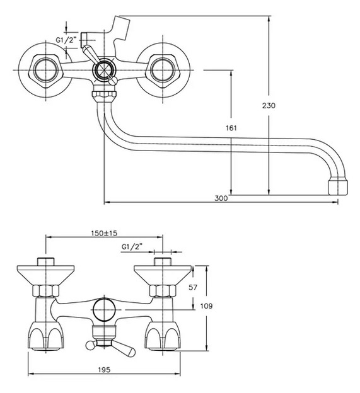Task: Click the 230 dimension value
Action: [269, 106]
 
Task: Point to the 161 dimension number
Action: [231, 128]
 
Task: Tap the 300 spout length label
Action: [221, 198]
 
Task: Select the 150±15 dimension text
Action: [104, 233]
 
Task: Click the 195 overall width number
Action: [104, 370]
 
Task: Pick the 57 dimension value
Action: [193, 287]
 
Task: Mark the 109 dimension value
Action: [206, 306]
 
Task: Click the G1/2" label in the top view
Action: [66, 40]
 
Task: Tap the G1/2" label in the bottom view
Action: [132, 247]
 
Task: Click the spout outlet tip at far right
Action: [338, 186]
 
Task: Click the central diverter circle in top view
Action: [104, 70]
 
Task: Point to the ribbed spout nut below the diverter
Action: [105, 95]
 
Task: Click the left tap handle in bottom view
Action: [45, 336]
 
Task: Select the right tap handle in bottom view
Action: [163, 336]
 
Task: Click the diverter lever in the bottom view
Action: [110, 347]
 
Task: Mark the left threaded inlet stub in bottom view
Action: [45, 261]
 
